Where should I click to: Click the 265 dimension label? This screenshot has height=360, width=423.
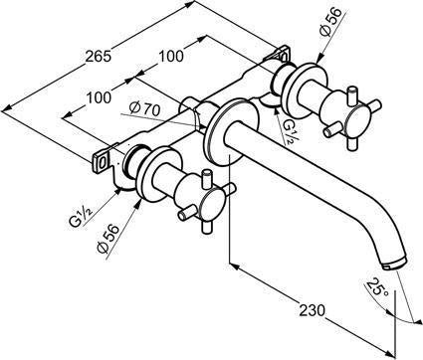(98, 56)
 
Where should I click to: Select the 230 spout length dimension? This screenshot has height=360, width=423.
(313, 310)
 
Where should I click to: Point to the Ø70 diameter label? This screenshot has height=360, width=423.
(144, 108)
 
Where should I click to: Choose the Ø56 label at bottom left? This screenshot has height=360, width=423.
(108, 239)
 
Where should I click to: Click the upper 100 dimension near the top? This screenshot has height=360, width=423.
(170, 56)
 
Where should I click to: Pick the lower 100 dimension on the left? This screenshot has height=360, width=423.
(99, 97)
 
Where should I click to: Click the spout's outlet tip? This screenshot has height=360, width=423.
(395, 264)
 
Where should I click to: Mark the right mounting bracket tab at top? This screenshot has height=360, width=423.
(283, 53)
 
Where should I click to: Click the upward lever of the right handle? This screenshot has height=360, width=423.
(351, 96)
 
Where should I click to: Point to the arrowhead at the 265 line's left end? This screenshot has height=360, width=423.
(7, 108)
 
